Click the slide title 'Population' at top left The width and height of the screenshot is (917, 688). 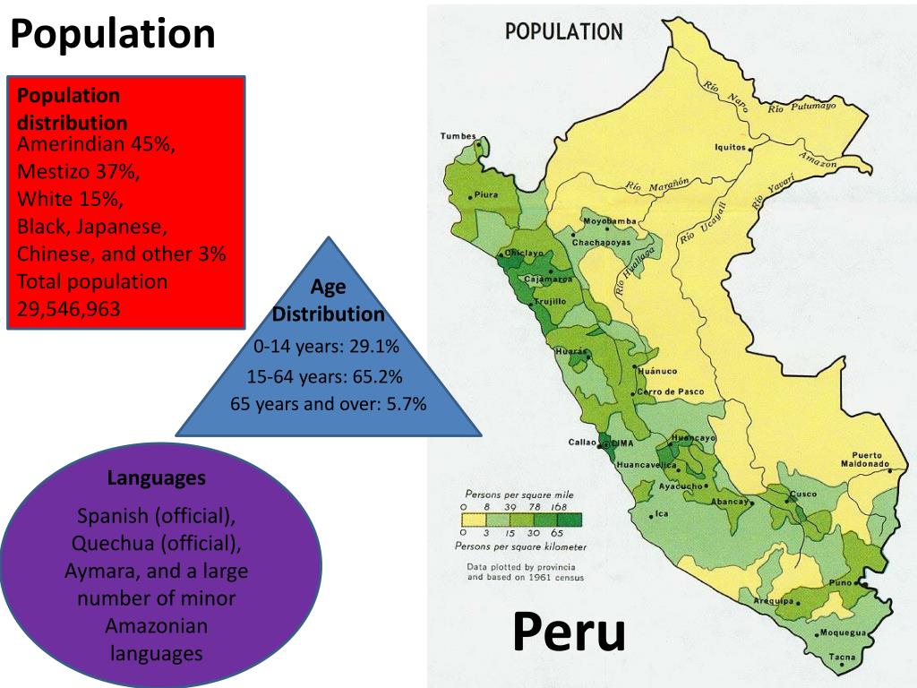point(113,35)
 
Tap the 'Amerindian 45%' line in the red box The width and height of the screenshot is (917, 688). point(96,145)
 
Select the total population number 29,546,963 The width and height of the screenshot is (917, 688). point(68,310)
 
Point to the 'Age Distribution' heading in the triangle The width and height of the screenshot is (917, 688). point(328,301)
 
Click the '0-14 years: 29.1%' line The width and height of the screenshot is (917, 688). point(326,346)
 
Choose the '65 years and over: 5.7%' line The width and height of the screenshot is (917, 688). point(328,404)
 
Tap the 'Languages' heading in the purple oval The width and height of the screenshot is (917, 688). point(156,478)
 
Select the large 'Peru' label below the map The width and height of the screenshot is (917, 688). point(569,632)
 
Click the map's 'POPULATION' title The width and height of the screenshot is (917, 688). point(563,31)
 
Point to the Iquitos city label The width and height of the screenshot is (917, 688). point(729,148)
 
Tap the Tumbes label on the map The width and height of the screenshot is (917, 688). point(458,136)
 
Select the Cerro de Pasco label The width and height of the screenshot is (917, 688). point(670,391)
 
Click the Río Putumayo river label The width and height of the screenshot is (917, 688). point(801,107)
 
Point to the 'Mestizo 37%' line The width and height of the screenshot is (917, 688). point(79,171)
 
